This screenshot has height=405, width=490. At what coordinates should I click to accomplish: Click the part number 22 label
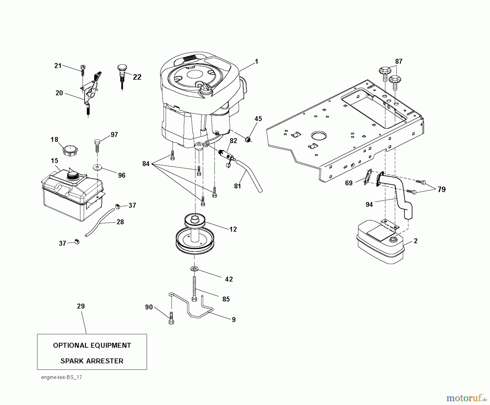pyautogui.click(x=137, y=77)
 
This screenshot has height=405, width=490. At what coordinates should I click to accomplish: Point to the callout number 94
pyautogui.click(x=369, y=204)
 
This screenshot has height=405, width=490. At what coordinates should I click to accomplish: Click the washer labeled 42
pyautogui.click(x=195, y=269)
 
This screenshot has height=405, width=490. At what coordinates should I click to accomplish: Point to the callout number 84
pyautogui.click(x=146, y=164)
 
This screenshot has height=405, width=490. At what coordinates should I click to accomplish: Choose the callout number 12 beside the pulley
pyautogui.click(x=233, y=229)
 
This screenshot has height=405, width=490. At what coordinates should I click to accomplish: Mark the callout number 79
pyautogui.click(x=442, y=189)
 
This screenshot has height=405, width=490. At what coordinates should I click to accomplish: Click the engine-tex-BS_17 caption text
pyautogui.click(x=62, y=377)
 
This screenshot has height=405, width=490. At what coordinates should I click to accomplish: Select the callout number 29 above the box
pyautogui.click(x=81, y=306)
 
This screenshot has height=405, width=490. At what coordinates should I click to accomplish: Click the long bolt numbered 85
pyautogui.click(x=194, y=288)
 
